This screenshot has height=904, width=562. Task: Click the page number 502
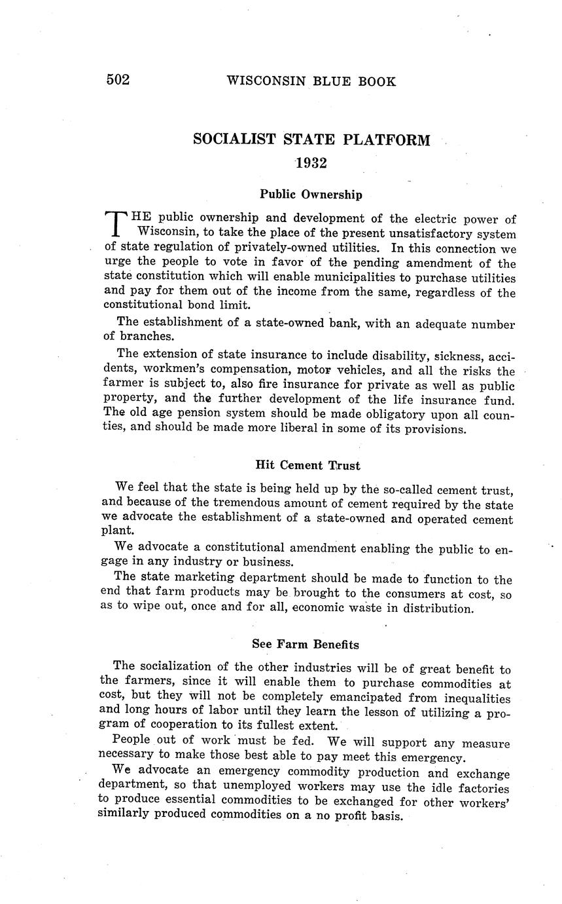tap(118, 80)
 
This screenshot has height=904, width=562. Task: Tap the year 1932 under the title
tap(311, 163)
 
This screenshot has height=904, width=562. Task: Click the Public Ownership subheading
tap(311, 194)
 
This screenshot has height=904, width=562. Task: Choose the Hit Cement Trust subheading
tap(307, 465)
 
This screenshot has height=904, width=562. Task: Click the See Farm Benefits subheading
tap(306, 645)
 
